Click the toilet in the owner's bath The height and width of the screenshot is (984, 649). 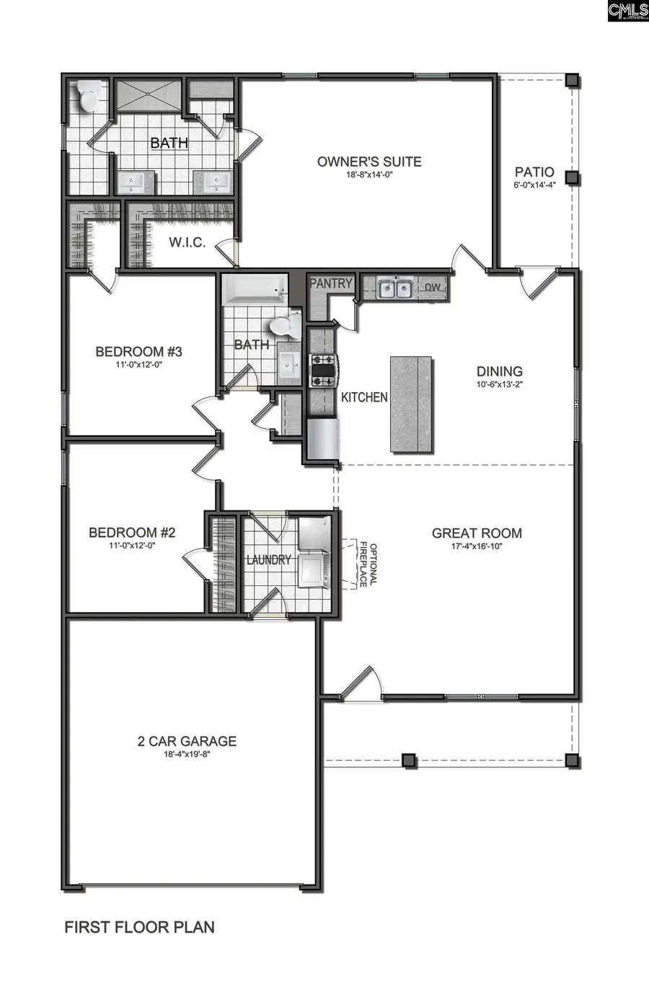pos(89,97)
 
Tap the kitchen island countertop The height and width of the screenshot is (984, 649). pos(412,404)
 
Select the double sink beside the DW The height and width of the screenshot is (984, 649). pos(394,289)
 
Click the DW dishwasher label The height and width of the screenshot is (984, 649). pos(432,288)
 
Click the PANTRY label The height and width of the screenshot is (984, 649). pos(331,283)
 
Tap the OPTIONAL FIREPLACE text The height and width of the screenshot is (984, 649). pos(368,564)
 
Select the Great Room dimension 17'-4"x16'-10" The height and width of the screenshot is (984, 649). pos(477,546)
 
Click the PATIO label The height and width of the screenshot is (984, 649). pos(534,172)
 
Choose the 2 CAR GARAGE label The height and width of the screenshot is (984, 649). pos(187,741)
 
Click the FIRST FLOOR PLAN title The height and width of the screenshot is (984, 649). pos(139,927)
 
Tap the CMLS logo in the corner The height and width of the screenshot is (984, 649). pos(627,11)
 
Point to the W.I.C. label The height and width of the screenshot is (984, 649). pos(187,242)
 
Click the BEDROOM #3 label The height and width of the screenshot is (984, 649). pos(138,352)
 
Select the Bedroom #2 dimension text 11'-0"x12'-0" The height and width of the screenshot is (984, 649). pos(132,546)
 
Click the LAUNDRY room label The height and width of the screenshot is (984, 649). pos(268,560)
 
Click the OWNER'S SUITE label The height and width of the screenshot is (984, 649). pos(369,161)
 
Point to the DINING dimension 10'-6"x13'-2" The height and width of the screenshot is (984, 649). pos(499,384)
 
